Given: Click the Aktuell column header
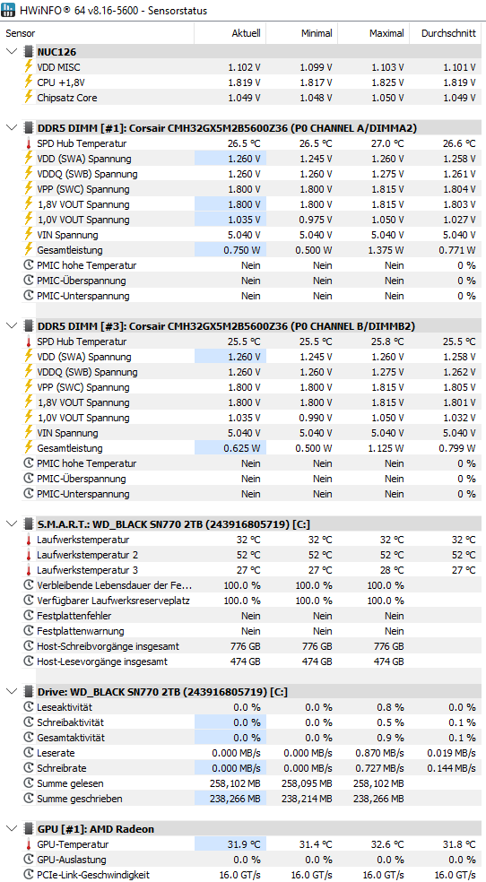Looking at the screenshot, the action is pos(246,33).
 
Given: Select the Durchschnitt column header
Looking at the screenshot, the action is pos(448,33).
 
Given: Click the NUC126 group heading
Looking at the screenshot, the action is pos(56,52).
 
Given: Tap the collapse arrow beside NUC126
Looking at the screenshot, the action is pos(12,52).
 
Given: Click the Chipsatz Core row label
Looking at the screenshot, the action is pos(67,98).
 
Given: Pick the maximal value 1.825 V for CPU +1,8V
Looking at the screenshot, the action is pos(387,82).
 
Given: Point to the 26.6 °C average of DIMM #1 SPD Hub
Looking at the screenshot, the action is pos(459,143).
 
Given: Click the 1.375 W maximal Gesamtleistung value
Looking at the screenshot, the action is pos(386,250).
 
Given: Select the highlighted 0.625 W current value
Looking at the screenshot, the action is pos(242,448).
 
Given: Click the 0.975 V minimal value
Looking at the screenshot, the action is pos(316,220).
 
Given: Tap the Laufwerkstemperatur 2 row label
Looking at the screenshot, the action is pos(87,555).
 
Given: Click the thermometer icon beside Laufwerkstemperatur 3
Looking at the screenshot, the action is pos(29,570).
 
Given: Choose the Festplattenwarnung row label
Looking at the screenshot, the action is pos(81,630).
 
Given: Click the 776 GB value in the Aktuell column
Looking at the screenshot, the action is pos(246,645).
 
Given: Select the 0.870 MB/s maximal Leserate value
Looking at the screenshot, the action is pos(379,753).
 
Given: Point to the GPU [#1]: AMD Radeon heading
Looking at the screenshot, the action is pos(96,828).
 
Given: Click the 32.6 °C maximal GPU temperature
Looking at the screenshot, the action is pos(387,843).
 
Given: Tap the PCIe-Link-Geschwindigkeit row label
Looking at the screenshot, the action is pos(93,875).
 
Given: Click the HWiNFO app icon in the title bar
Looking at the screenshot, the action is pos(8,10).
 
